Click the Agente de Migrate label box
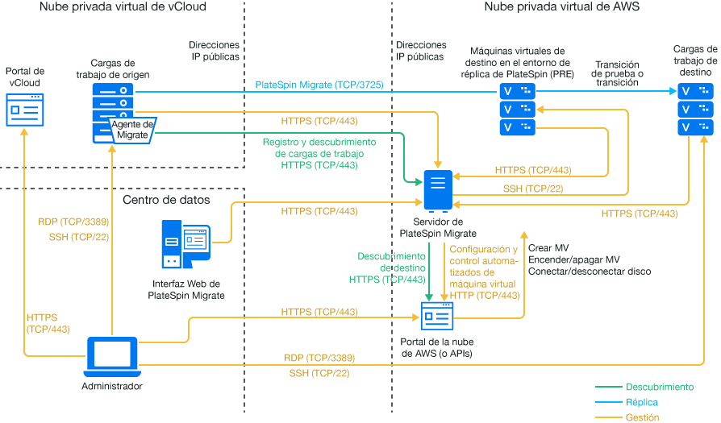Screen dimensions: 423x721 point(131,129)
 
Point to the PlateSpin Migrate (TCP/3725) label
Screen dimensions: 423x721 point(319,85)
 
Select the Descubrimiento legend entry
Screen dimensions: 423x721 point(659,387)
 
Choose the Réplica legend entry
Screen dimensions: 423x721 point(641,402)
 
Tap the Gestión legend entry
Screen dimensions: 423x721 point(642,417)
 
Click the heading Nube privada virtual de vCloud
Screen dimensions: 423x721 point(122,7)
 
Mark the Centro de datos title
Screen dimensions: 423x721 point(166,199)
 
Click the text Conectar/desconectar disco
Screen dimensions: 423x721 point(589,272)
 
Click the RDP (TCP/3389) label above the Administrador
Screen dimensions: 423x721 point(73,222)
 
